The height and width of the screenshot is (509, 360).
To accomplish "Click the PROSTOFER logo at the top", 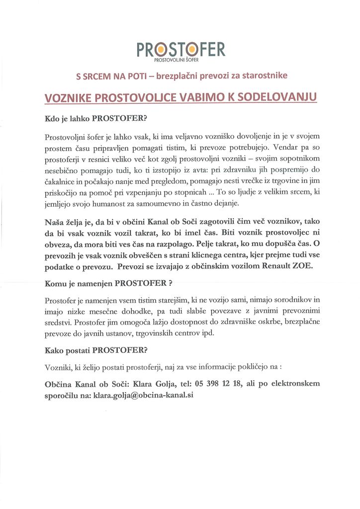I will coord(181,49).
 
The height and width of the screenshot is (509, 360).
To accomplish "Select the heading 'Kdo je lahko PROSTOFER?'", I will coord(96,119).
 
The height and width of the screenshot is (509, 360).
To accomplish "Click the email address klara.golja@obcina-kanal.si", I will coord(144,396).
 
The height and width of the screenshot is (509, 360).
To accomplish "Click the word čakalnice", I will coord(62,180).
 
